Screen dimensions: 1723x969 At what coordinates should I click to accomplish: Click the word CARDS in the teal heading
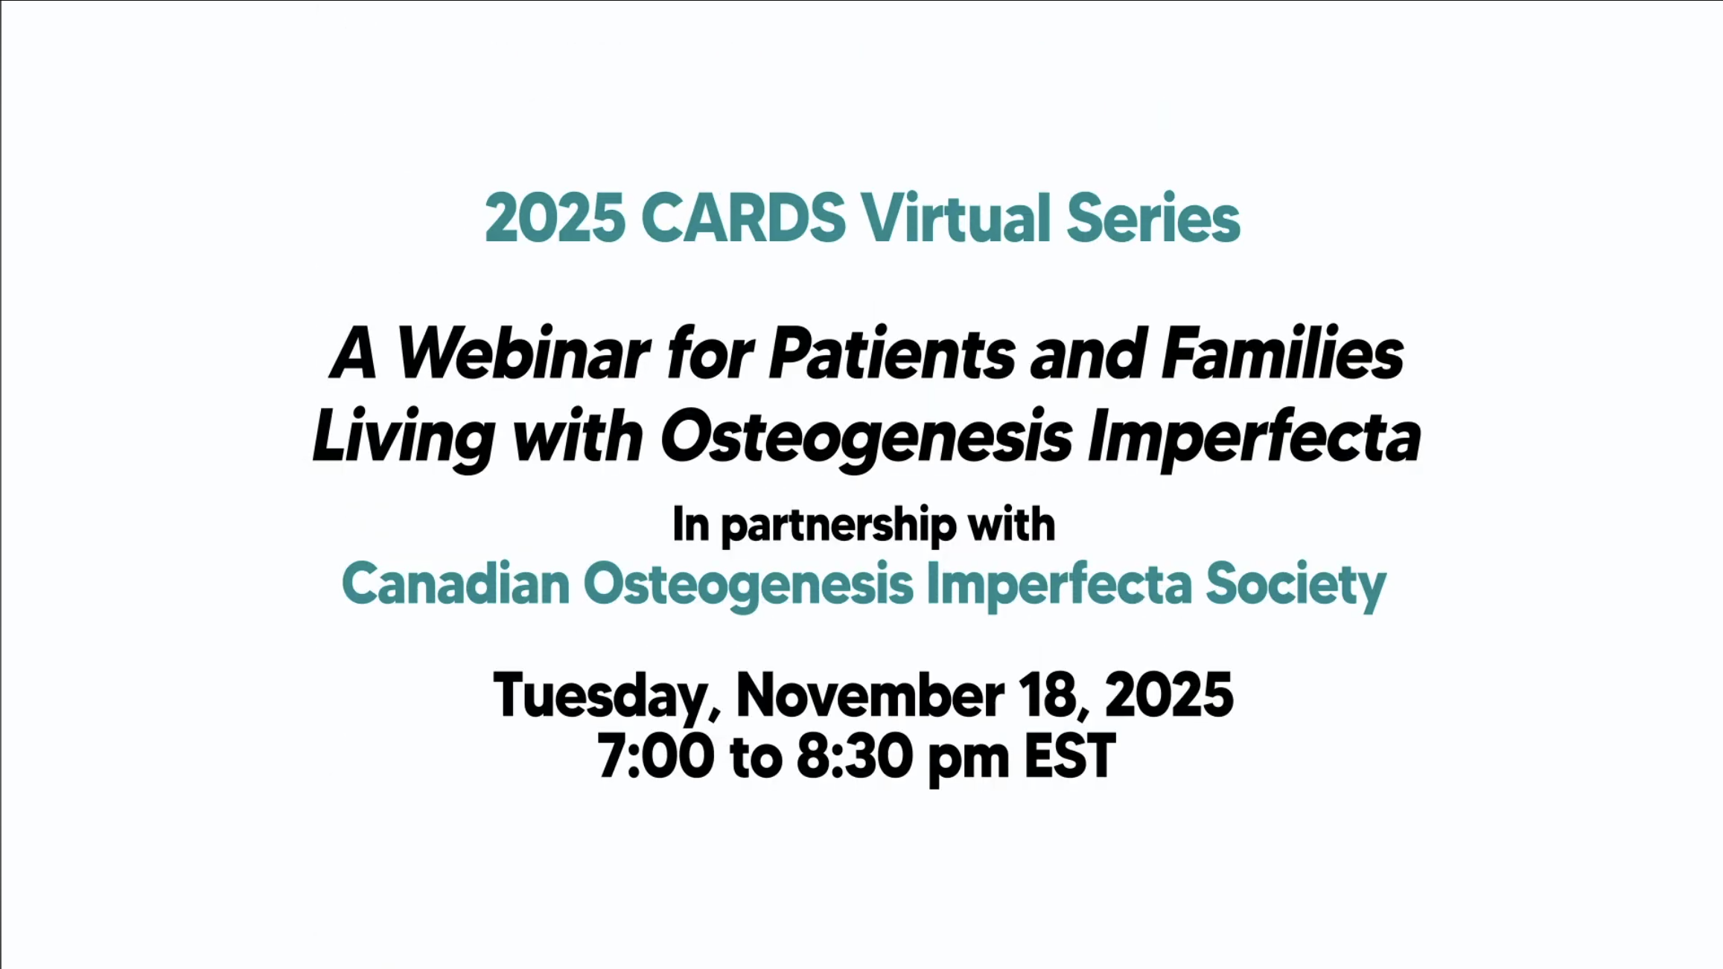[743, 218]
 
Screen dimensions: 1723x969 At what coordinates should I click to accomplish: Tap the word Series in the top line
[1153, 218]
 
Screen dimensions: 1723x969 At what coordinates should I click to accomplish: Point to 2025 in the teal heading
[555, 218]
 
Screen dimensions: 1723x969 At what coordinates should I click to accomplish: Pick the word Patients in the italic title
[892, 354]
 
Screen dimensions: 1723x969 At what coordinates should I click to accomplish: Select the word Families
[1282, 354]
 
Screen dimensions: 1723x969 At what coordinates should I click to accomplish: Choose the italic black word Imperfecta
[1255, 438]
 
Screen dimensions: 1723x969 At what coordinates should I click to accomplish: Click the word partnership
[838, 526]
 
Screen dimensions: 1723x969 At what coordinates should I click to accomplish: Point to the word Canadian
[456, 583]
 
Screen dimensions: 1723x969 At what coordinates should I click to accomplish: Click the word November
[870, 695]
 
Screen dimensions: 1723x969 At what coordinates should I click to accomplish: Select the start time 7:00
[655, 756]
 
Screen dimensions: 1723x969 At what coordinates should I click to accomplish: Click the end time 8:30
[854, 756]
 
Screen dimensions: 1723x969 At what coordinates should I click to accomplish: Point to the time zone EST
[1070, 756]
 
